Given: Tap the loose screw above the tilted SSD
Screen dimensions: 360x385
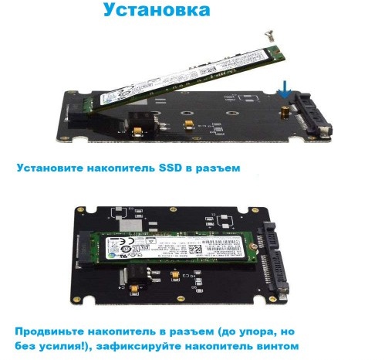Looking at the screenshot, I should click(268, 33).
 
